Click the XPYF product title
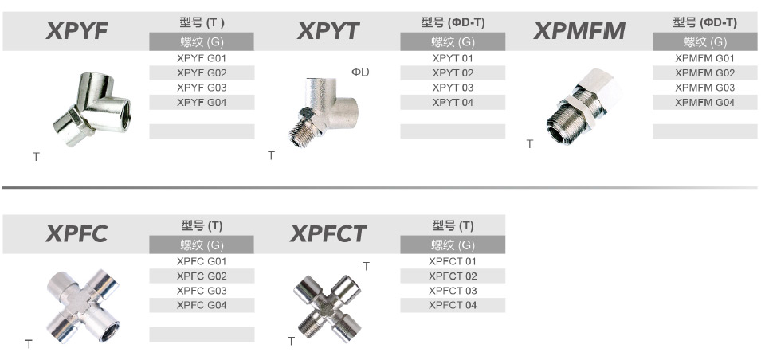pyautogui.click(x=76, y=32)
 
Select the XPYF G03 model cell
pyautogui.click(x=202, y=88)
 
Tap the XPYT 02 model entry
pyautogui.click(x=453, y=73)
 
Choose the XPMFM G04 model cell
pyautogui.click(x=704, y=103)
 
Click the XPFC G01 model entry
pyautogui.click(x=202, y=261)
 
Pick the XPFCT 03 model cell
pyautogui.click(x=453, y=291)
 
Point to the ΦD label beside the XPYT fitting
pyautogui.click(x=361, y=72)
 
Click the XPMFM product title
pyautogui.click(x=579, y=32)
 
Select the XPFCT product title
pyautogui.click(x=328, y=234)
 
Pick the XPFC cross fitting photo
pyautogui.click(x=84, y=306)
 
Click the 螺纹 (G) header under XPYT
pyautogui.click(x=453, y=41)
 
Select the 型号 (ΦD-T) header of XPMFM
pyautogui.click(x=704, y=22)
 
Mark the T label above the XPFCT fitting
pyautogui.click(x=367, y=266)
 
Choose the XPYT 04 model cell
pyautogui.click(x=453, y=103)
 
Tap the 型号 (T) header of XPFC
pyautogui.click(x=202, y=225)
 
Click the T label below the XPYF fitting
pyautogui.click(x=36, y=157)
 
